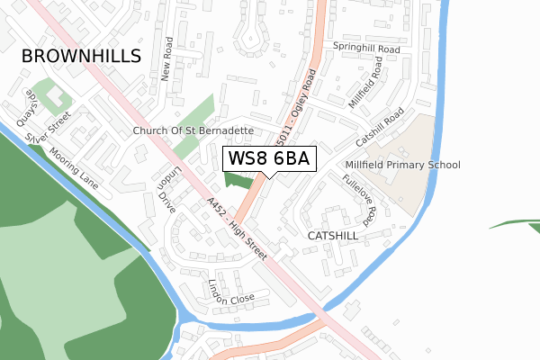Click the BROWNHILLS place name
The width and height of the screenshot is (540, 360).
pyautogui.click(x=81, y=56)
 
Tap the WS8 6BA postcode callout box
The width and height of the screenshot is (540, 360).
pyautogui.click(x=269, y=158)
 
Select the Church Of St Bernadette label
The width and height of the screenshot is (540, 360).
pyautogui.click(x=193, y=130)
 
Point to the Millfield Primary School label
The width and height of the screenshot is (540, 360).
pyautogui.click(x=402, y=165)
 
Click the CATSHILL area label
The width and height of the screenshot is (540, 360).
pyautogui.click(x=333, y=235)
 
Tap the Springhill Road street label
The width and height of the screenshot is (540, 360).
pyautogui.click(x=366, y=47)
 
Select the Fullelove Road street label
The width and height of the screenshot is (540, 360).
pyautogui.click(x=356, y=199)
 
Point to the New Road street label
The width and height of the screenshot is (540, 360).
pyautogui.click(x=166, y=59)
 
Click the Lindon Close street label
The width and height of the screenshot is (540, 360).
pyautogui.click(x=232, y=291)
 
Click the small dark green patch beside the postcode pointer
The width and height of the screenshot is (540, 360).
pyautogui.click(x=238, y=181)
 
